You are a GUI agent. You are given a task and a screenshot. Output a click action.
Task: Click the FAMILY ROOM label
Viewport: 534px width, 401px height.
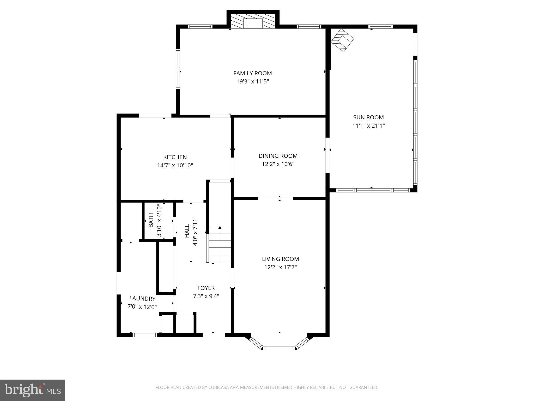point(252,73)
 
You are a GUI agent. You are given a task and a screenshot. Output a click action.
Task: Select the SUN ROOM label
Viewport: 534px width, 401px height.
point(368,117)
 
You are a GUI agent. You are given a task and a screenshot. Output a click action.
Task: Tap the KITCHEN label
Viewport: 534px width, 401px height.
point(175,157)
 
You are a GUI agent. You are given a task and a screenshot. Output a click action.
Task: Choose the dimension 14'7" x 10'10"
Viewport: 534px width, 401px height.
point(175,166)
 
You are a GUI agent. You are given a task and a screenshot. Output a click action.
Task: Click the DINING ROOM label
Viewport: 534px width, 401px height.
point(278,156)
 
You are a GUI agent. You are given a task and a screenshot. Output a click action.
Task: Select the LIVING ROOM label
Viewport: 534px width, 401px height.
point(280,259)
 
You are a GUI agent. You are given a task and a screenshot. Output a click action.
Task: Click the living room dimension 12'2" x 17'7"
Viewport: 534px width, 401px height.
point(280,267)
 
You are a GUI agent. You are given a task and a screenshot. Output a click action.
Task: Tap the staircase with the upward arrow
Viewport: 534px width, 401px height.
point(220,244)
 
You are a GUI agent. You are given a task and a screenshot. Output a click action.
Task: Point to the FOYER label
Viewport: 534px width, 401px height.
point(206,288)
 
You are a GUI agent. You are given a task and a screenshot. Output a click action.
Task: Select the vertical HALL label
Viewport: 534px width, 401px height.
point(187,231)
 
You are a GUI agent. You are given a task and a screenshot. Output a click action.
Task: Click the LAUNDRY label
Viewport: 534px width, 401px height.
point(142,299)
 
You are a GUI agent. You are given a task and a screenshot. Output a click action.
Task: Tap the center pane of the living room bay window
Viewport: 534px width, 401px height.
point(279,348)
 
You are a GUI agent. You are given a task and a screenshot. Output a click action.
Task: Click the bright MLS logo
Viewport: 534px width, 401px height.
point(32,390)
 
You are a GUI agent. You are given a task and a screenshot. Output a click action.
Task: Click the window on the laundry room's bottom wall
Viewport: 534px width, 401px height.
point(145,335)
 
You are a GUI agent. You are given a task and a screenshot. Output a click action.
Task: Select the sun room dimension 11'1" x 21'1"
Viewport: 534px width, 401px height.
point(368,126)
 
